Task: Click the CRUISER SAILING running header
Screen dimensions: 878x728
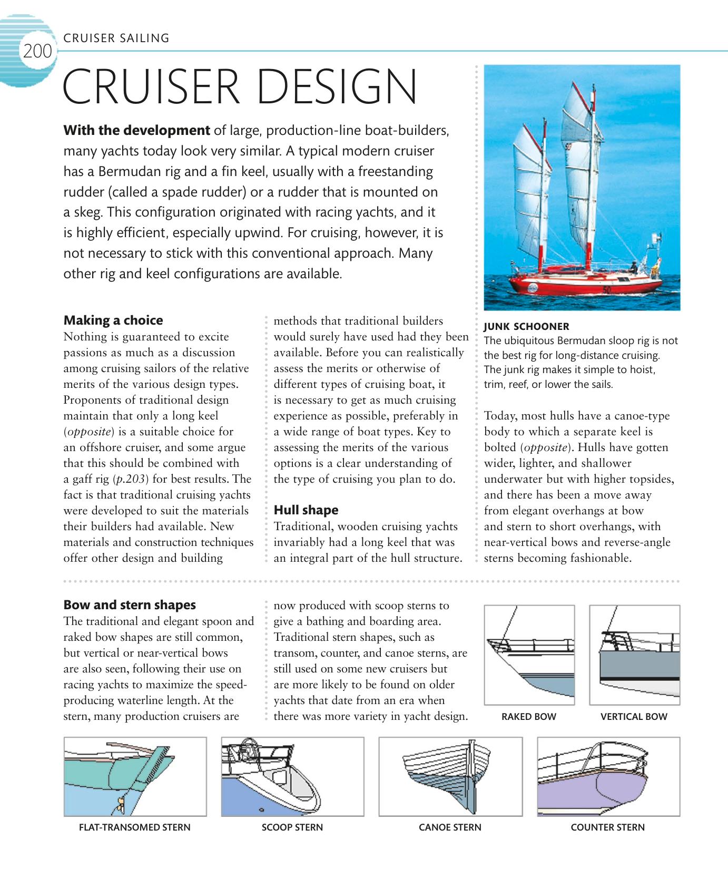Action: pos(116,38)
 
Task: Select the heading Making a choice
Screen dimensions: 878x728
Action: pos(113,320)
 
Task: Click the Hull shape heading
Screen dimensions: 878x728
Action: pos(306,510)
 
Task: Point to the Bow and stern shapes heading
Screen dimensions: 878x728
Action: pos(129,605)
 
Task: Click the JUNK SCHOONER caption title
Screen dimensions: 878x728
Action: pos(526,326)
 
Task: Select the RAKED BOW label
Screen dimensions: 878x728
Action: pos(528,717)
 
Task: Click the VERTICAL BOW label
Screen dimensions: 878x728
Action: pos(634,717)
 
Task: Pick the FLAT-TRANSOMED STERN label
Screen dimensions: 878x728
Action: pos(134,827)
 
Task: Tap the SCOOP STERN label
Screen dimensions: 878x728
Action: pos(292,827)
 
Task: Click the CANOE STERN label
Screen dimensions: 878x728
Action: pos(450,827)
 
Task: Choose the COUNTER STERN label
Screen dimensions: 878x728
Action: pos(607,827)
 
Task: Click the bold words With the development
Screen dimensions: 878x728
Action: pos(136,130)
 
